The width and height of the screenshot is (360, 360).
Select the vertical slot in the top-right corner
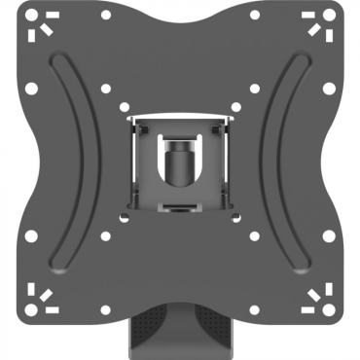coord(334,29)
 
